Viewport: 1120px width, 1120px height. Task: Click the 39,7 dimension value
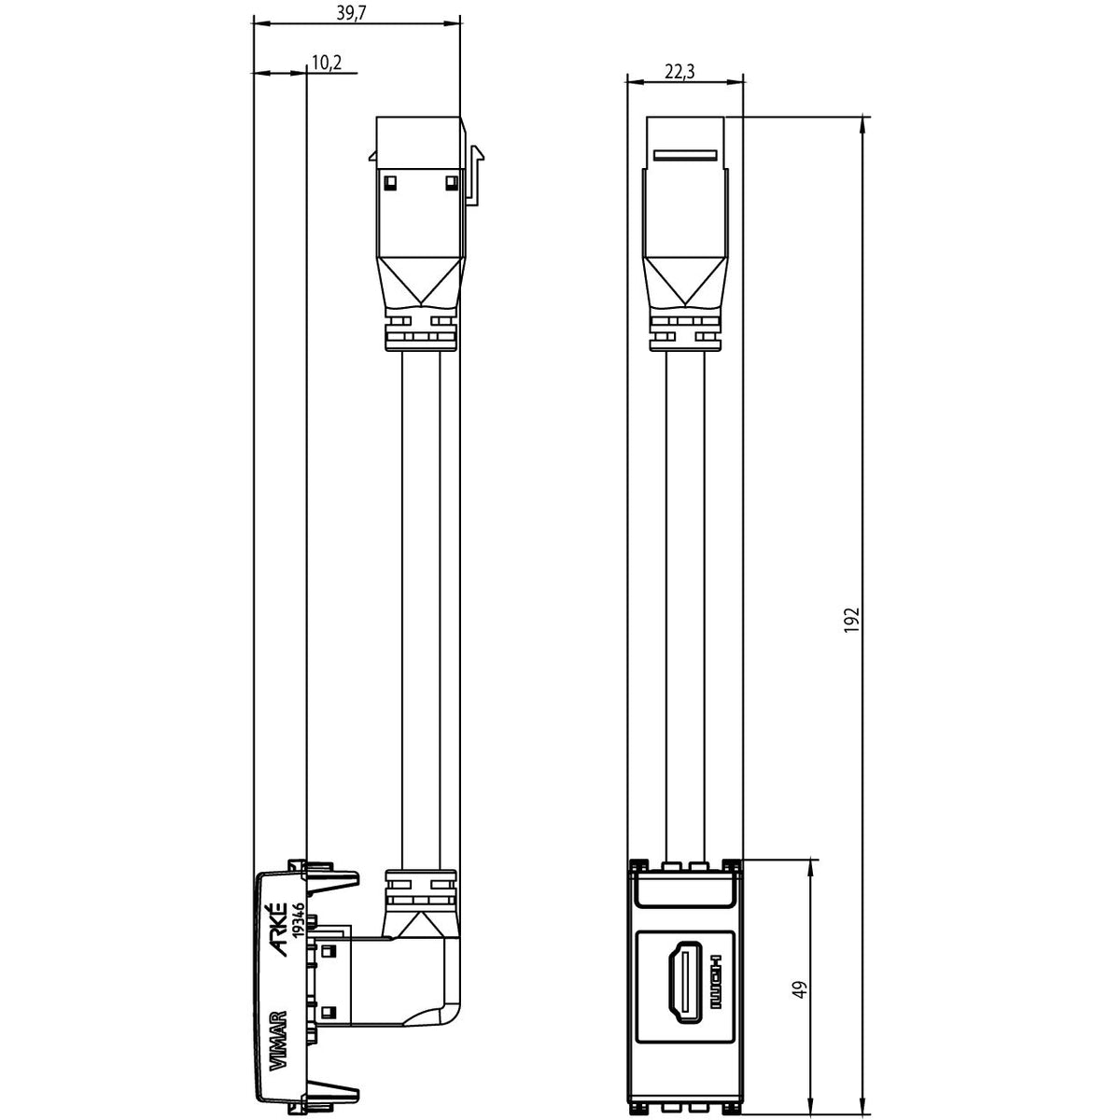click(351, 13)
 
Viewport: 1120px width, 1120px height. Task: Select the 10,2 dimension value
click(327, 63)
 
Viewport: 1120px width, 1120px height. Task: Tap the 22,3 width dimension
click(679, 72)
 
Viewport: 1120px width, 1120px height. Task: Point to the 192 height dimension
click(851, 620)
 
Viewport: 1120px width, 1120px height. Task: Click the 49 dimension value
click(801, 989)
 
